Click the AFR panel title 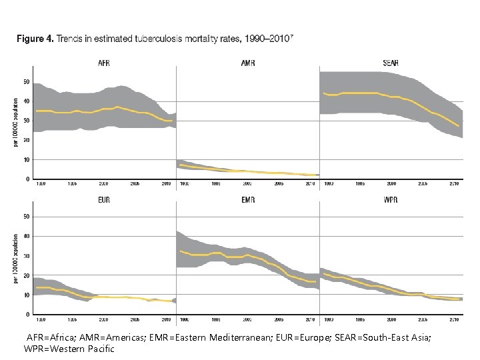[104, 63]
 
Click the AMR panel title [247, 63]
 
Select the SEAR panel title [391, 63]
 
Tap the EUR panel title [104, 199]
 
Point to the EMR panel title [247, 199]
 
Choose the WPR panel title [391, 199]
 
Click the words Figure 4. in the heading [34, 39]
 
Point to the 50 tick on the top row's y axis [26, 82]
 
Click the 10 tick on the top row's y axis [26, 160]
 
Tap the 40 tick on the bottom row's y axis [26, 236]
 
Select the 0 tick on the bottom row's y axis [27, 314]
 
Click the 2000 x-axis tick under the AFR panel [104, 183]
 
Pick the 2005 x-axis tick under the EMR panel [279, 319]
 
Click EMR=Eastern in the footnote [179, 338]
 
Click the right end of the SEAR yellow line [459, 125]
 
